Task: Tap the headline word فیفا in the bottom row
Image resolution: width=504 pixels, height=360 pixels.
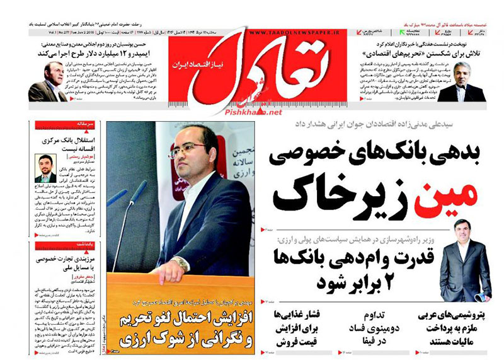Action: coord(371,339)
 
